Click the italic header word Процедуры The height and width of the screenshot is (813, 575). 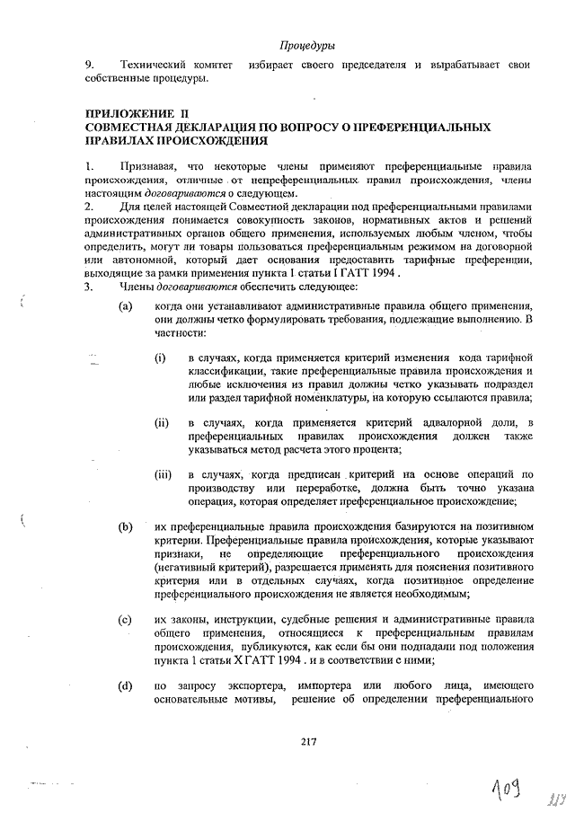coord(307,45)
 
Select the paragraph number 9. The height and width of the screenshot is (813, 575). coord(89,66)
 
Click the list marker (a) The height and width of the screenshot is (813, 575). coord(127,306)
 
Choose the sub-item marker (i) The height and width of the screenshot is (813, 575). coord(160,359)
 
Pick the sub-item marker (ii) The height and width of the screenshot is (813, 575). coord(162,422)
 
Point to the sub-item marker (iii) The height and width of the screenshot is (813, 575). coord(164,473)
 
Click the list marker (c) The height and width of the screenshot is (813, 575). coord(127,620)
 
